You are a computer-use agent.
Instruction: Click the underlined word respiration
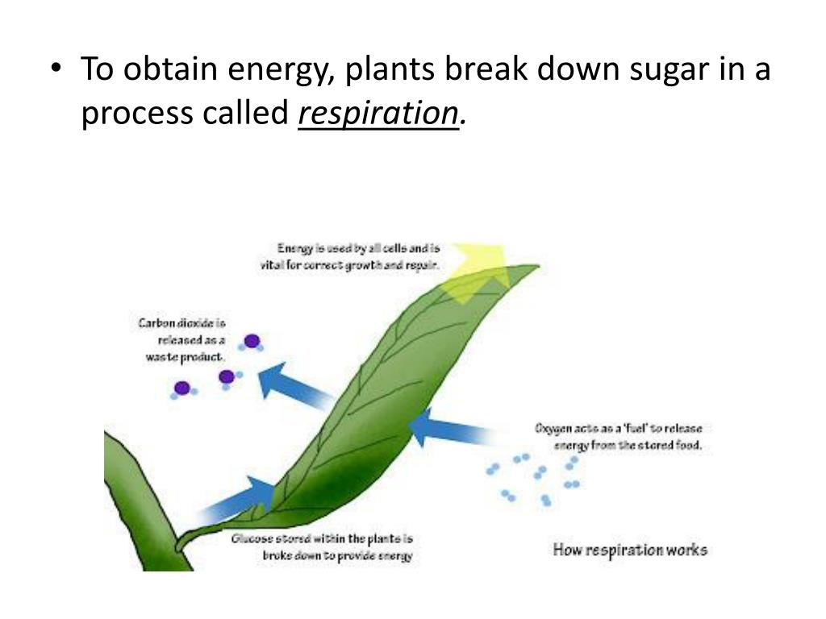coord(378,114)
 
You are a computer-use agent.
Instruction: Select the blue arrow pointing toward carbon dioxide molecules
coord(294,384)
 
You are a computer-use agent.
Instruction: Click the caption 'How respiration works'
coord(630,550)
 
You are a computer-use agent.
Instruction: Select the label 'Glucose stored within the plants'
coord(323,547)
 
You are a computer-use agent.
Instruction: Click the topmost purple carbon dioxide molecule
coord(252,341)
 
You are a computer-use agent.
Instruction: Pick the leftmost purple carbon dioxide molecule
coord(182,388)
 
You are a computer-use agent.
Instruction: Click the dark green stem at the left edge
coord(133,500)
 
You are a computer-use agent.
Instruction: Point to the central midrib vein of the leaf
coord(379,403)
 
